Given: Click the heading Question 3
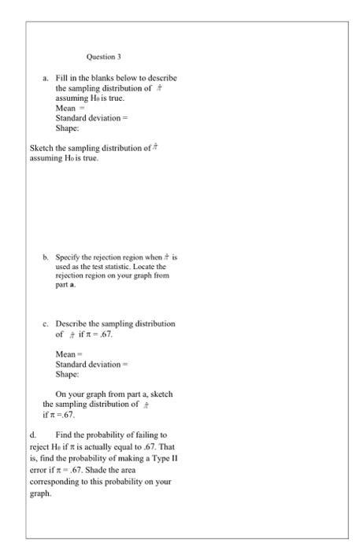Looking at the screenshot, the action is click(x=104, y=57).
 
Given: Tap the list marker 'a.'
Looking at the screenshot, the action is click(x=46, y=80).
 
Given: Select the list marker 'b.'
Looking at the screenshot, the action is click(x=46, y=257).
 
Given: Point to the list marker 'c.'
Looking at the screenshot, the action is click(x=46, y=324).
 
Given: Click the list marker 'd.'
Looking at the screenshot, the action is click(x=32, y=435).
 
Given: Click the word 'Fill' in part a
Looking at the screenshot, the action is click(x=62, y=80).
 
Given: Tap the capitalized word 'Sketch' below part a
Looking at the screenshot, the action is click(x=41, y=148).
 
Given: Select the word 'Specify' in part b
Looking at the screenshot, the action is click(x=71, y=257).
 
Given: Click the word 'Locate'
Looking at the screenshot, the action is click(x=144, y=267).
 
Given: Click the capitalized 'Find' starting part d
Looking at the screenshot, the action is click(x=65, y=435).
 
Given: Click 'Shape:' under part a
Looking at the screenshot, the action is click(x=68, y=128).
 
